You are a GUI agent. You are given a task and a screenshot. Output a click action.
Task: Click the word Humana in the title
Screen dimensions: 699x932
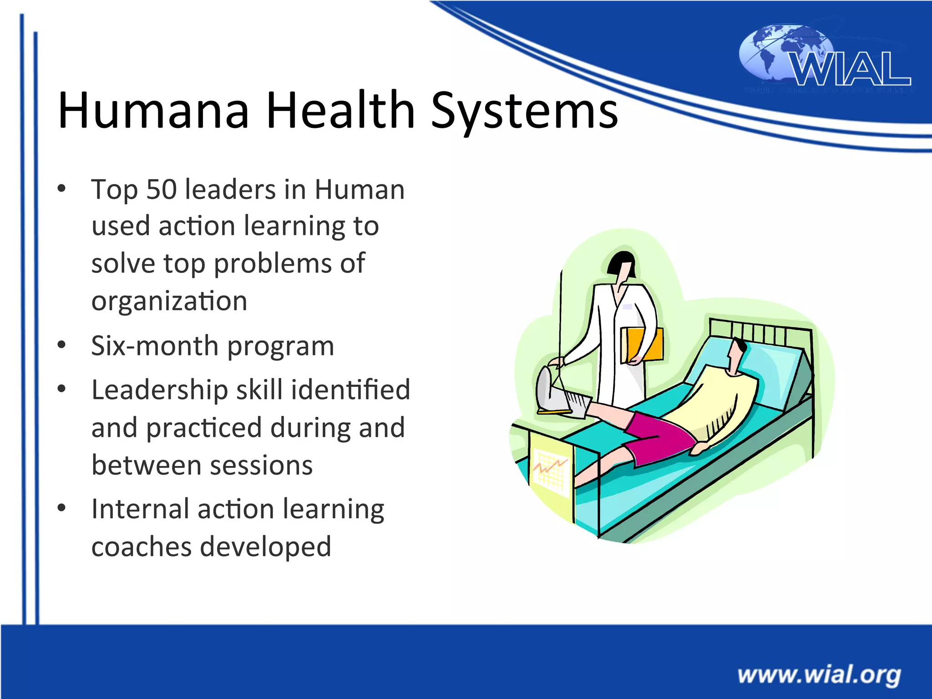(153, 110)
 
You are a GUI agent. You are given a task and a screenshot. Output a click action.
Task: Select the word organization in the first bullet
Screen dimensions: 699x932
(169, 301)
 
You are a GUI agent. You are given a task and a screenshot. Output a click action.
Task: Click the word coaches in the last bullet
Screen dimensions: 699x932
(142, 547)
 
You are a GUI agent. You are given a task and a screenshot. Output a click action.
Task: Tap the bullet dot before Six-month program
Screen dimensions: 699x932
(62, 344)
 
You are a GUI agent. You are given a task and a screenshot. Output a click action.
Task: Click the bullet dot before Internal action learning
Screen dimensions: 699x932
(62, 507)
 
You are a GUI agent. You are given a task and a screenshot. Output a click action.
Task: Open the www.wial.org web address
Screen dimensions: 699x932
(819, 674)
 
